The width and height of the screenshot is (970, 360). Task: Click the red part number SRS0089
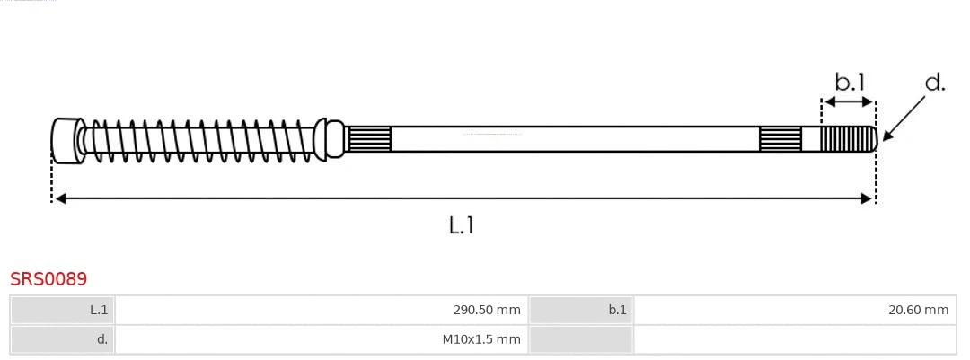pyautogui.click(x=48, y=279)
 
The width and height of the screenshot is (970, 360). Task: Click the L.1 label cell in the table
pyautogui.click(x=63, y=311)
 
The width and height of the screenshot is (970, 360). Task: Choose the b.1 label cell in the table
pyautogui.click(x=581, y=311)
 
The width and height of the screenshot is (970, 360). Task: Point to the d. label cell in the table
pyautogui.click(x=63, y=339)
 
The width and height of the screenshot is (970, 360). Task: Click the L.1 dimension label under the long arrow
pyautogui.click(x=461, y=225)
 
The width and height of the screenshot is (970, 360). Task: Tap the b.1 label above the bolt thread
pyautogui.click(x=849, y=83)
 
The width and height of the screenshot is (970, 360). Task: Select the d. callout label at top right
pyautogui.click(x=935, y=83)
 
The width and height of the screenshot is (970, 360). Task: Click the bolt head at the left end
pyautogui.click(x=66, y=140)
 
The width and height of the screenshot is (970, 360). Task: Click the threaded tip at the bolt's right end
pyautogui.click(x=849, y=139)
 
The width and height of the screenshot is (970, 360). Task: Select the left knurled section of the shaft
pyautogui.click(x=369, y=139)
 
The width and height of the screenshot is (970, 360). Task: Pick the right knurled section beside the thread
pyautogui.click(x=780, y=139)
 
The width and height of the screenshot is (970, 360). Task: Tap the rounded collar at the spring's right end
pyautogui.click(x=333, y=139)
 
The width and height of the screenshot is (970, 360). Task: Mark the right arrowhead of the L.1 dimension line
pyautogui.click(x=867, y=198)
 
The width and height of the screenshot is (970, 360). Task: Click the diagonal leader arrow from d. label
pyautogui.click(x=905, y=117)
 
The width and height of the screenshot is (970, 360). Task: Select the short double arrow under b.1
pyautogui.click(x=849, y=102)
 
